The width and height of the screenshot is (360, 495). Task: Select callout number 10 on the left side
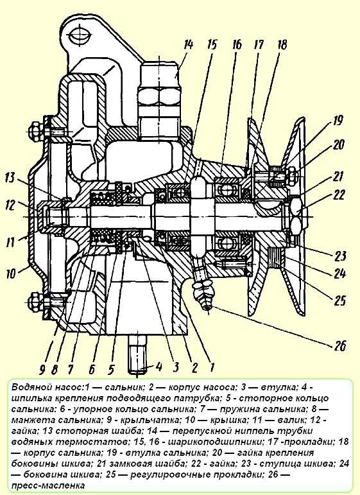[x=11, y=273]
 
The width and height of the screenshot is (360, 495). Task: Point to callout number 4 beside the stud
[x=159, y=367]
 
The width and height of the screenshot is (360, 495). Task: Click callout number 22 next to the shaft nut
[x=338, y=195]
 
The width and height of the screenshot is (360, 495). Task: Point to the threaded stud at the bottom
[x=138, y=354]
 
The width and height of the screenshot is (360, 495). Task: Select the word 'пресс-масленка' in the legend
[x=48, y=485]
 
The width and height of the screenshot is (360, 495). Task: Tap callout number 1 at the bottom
[x=212, y=367]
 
